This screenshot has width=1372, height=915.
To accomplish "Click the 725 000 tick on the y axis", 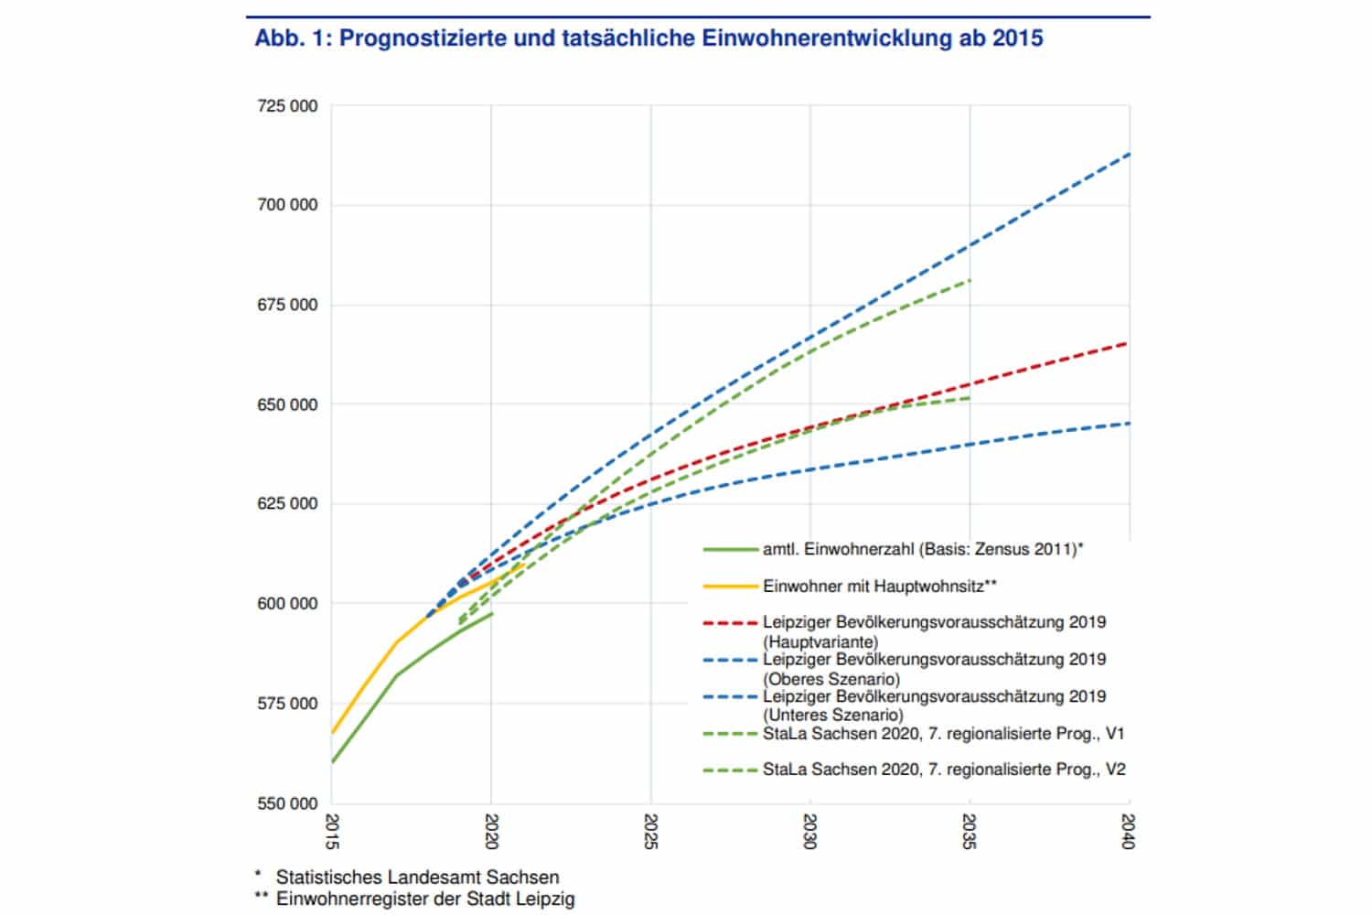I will (287, 106).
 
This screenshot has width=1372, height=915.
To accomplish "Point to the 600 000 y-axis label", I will (287, 604).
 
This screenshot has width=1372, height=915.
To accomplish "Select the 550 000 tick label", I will (287, 803).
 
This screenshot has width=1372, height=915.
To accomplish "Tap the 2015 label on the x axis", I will (333, 831).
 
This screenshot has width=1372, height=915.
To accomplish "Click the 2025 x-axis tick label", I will (651, 831).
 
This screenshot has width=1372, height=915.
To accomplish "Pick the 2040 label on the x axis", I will (1130, 831).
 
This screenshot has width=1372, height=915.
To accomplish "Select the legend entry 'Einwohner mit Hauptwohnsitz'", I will (879, 586).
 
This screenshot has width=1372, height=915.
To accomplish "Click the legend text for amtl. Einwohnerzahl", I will (923, 550).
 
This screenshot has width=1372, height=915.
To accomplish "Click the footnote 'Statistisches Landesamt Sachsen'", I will (417, 877).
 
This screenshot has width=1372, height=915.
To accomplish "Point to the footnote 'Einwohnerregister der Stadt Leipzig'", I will (425, 899).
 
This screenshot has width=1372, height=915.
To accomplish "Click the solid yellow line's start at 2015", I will (333, 733).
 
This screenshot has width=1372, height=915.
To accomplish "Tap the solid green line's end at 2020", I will (492, 613).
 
